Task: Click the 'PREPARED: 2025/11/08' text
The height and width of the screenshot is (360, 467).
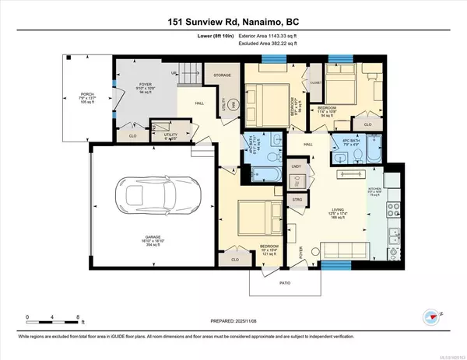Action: [233, 316]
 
